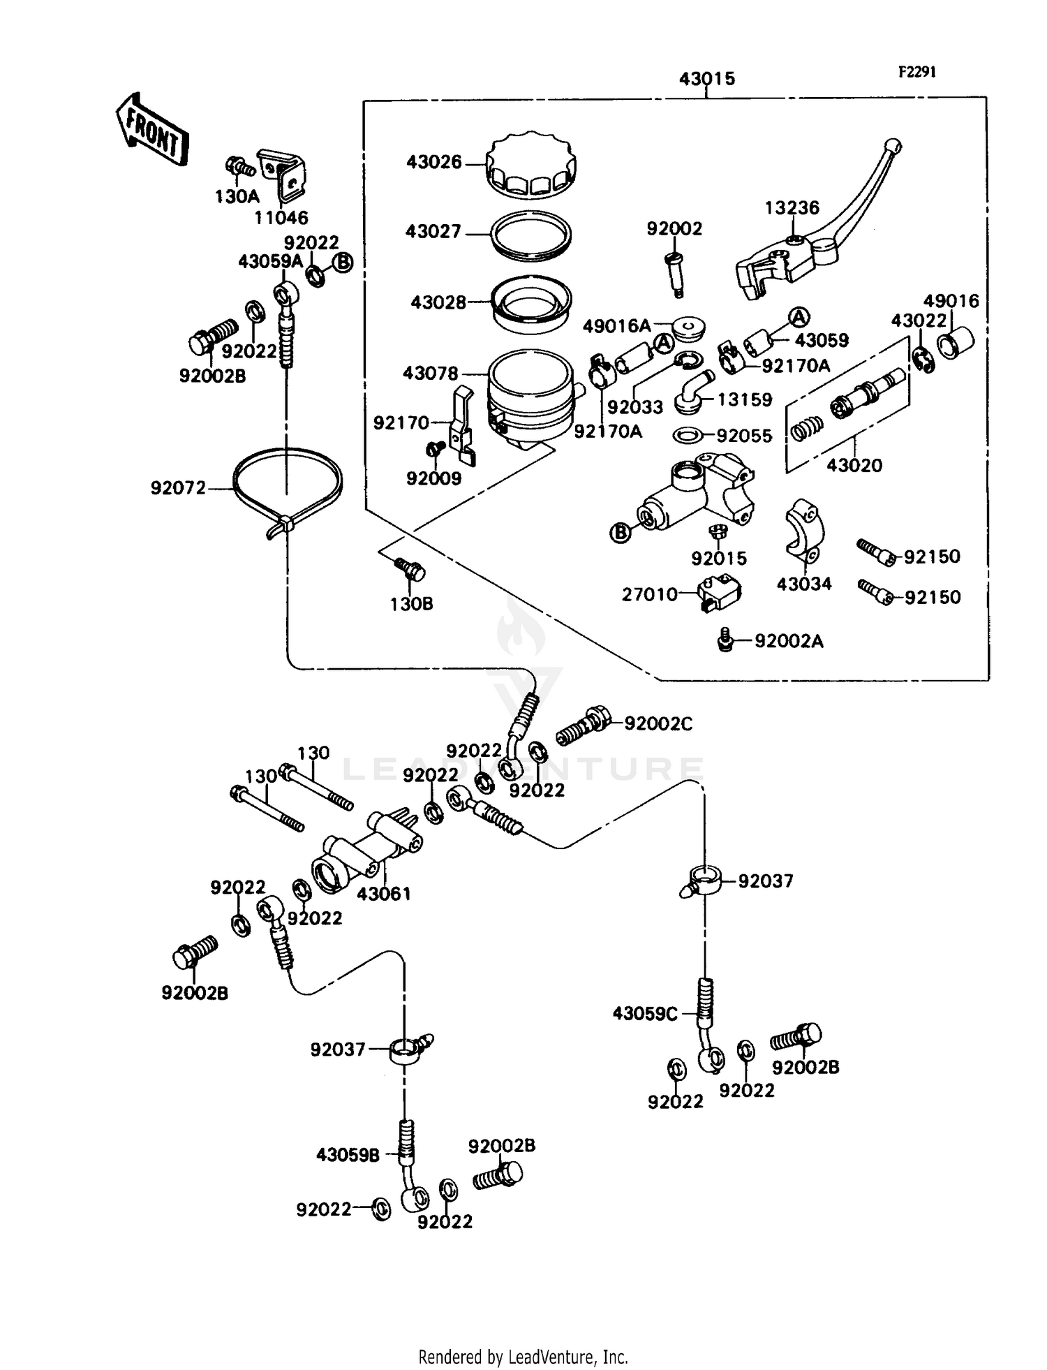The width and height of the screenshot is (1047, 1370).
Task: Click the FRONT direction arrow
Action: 151,130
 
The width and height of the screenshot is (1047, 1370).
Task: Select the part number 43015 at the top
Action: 707,79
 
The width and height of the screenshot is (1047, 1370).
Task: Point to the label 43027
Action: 433,232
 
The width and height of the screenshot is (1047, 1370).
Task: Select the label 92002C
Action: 658,724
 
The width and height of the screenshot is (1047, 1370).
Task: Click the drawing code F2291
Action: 916,72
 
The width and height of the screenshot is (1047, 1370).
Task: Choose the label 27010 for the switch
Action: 650,594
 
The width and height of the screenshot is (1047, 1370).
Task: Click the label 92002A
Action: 789,641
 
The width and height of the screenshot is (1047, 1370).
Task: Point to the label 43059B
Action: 348,1156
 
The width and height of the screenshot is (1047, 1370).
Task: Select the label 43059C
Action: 645,1014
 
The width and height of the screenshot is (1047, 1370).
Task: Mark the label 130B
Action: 411,604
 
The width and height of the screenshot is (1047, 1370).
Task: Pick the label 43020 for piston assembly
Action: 854,465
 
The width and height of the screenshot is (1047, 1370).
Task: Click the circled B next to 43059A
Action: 343,262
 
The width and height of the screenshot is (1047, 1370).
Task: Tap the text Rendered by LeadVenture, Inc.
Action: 523,1357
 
